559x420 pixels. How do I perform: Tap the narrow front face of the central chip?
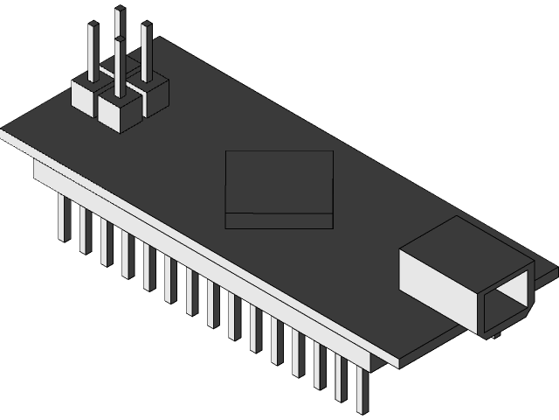(x=279, y=220)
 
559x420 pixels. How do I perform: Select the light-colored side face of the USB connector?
(x=437, y=279)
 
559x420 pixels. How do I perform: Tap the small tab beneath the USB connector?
(x=494, y=336)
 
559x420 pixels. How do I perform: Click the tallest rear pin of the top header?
(x=120, y=35)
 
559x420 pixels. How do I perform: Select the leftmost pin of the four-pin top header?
(x=92, y=52)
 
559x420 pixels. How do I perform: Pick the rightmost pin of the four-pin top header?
(x=146, y=52)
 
